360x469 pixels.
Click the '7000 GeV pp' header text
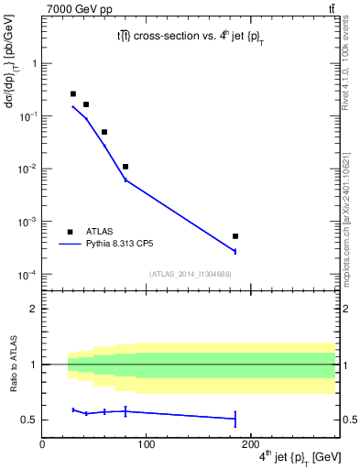click(74, 8)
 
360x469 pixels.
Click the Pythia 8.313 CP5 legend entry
click(119, 245)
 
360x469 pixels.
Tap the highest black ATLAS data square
click(73, 93)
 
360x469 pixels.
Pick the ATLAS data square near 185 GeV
click(235, 236)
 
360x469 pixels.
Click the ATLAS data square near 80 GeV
click(125, 167)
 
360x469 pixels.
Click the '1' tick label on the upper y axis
click(35, 63)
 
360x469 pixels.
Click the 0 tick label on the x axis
click(42, 442)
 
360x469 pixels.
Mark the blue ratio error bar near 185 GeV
click(235, 419)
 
